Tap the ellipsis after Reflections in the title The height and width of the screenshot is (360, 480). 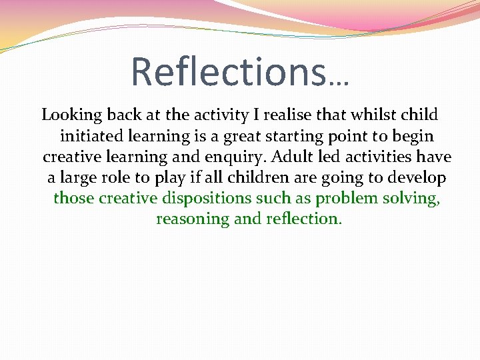339,81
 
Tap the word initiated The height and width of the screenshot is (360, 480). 90,136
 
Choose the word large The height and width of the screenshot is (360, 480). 77,178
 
